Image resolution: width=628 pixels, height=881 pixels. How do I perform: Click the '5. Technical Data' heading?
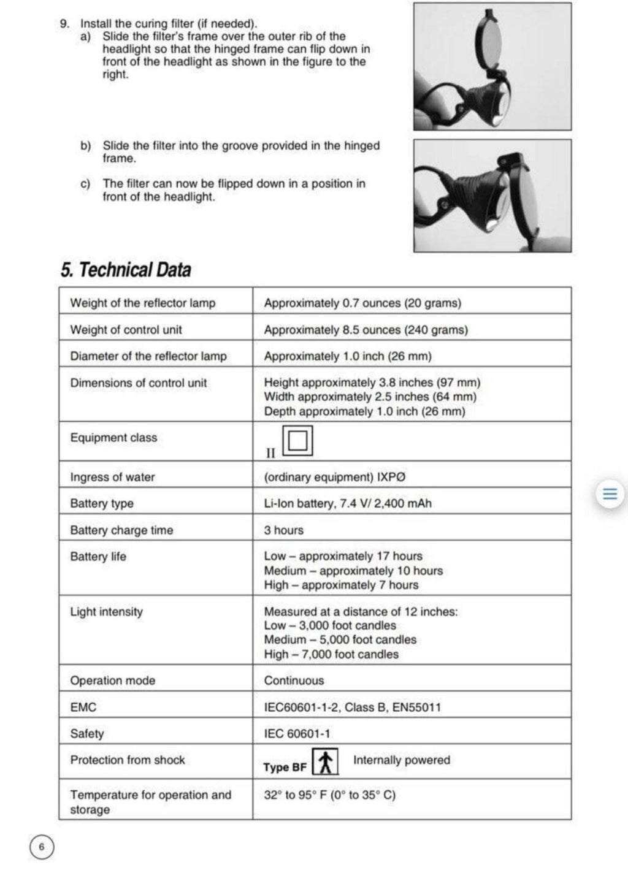click(126, 270)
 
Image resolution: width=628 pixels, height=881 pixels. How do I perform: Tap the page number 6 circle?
click(42, 847)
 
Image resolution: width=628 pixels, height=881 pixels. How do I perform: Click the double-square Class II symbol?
click(297, 441)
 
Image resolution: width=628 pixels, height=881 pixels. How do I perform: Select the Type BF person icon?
click(326, 763)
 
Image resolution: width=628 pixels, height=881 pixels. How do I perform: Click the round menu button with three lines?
click(610, 494)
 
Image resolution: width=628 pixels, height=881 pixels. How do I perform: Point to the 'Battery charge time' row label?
click(121, 530)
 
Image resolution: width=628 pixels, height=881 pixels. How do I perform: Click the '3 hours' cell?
click(284, 530)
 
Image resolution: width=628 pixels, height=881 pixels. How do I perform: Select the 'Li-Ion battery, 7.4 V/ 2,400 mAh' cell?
click(348, 503)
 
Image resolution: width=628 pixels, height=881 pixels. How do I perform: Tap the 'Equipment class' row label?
click(113, 438)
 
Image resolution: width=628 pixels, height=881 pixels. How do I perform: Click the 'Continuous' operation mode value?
click(294, 681)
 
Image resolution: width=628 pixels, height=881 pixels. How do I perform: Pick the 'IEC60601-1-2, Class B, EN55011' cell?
click(352, 707)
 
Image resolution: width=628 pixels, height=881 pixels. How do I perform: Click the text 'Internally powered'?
click(402, 760)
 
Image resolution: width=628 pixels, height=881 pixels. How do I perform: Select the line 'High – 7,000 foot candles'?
click(331, 654)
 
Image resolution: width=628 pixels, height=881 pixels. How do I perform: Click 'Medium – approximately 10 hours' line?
click(353, 571)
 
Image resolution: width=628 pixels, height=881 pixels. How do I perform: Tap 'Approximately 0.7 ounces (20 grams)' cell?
click(362, 303)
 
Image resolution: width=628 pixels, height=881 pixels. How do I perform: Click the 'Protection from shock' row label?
click(128, 760)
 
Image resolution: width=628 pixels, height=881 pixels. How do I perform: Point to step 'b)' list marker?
click(86, 146)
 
